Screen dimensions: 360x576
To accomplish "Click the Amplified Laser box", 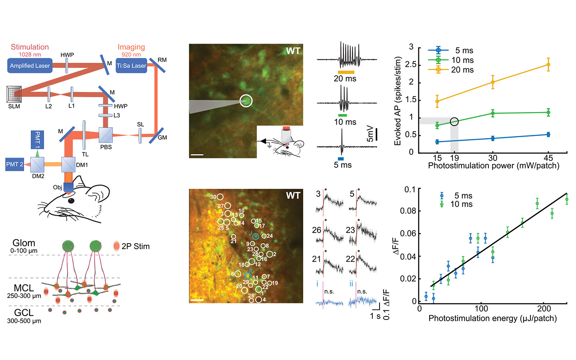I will [30, 66].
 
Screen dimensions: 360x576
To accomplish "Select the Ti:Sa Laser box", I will [131, 66].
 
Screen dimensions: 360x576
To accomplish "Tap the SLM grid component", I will [14, 94].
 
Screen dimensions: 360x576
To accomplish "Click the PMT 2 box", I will [14, 164].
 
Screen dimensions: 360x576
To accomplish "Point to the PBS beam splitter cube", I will [106, 135].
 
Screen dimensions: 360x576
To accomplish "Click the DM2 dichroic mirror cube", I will [37, 164].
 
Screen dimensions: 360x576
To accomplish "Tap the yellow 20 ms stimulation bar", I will [346, 72].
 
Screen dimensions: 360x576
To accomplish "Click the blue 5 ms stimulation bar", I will [341, 158].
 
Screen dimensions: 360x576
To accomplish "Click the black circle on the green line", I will [454, 122].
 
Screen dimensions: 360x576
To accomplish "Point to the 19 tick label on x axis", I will [454, 158].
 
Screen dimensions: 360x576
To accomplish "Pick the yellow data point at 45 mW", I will [548, 64].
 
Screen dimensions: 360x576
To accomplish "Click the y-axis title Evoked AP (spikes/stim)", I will [398, 101].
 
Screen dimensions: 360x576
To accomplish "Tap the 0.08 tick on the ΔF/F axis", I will [408, 211].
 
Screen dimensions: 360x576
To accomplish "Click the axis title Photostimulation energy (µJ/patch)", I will [492, 318].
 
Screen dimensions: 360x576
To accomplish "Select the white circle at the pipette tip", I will [246, 100].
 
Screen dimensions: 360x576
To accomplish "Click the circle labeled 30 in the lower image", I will [220, 197].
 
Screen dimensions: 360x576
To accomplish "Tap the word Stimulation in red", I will [30, 47].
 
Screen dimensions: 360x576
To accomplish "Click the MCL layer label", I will [24, 288].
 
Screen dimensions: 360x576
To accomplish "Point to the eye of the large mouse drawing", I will [71, 200].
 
